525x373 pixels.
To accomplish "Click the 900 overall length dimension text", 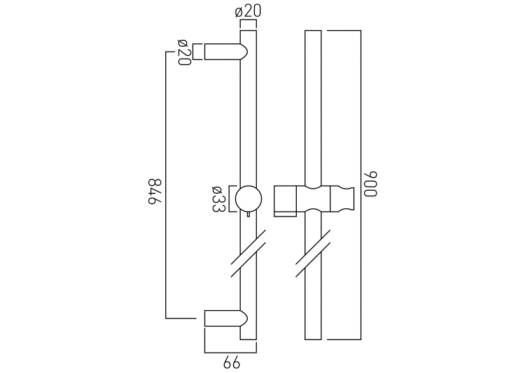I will [x=372, y=184].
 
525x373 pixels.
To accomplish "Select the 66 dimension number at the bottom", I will [x=231, y=363].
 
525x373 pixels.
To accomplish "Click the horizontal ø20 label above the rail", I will [x=248, y=12].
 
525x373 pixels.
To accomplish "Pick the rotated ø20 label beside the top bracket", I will [x=183, y=52].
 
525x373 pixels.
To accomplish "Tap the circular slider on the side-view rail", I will [x=248, y=198].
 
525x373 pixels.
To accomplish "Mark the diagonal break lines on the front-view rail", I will [x=313, y=256].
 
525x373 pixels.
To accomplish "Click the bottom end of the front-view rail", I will [x=314, y=338].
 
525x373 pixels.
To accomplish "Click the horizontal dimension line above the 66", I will [x=231, y=352].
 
